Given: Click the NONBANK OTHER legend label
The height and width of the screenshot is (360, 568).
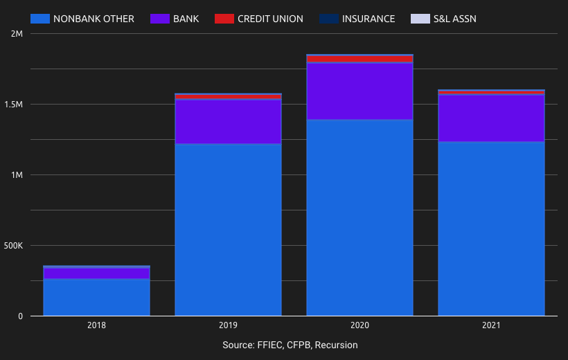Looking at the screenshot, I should tap(94, 19).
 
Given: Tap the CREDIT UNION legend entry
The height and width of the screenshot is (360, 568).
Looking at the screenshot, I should tap(270, 19).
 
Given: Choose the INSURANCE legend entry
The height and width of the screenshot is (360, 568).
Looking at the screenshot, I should tap(369, 19).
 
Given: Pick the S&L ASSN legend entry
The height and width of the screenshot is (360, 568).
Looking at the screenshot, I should tap(455, 19).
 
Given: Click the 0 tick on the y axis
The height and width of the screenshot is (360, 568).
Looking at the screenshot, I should tap(20, 316).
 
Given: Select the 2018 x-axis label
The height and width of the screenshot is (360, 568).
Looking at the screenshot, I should tap(97, 325).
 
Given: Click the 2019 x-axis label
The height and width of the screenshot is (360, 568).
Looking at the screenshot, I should tap(229, 325).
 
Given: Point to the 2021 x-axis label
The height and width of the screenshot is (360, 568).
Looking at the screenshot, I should tap(491, 325).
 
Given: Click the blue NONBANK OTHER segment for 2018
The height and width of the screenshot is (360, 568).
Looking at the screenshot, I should tap(97, 298).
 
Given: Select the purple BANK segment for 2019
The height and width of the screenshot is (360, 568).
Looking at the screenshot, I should tap(229, 122).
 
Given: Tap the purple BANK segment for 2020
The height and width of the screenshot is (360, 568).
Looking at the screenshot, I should tap(360, 91).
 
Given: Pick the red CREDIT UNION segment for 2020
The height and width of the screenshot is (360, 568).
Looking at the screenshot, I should tap(360, 60).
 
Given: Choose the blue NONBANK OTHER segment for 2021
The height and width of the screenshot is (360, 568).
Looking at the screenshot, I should tap(491, 228).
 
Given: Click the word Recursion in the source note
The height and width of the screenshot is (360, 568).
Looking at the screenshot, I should tap(336, 345).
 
